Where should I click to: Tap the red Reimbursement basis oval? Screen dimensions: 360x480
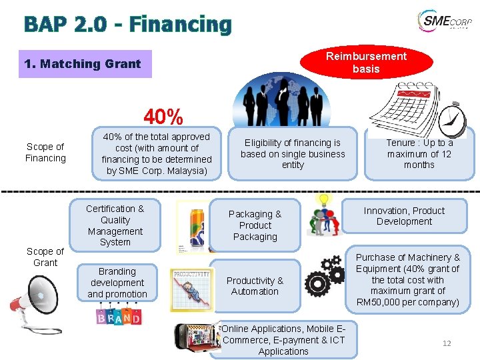click(x=366, y=63)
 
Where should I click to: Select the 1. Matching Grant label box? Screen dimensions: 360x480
click(x=85, y=64)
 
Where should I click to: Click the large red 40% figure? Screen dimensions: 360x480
click(x=163, y=117)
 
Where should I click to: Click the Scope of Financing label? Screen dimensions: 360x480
click(x=45, y=153)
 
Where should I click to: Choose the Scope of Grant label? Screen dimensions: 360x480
click(x=45, y=257)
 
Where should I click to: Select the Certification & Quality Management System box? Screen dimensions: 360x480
click(x=115, y=225)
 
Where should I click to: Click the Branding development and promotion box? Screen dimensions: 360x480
click(x=117, y=283)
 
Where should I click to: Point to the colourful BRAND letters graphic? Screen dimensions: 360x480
click(x=119, y=316)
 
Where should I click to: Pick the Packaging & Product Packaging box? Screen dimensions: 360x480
click(x=255, y=225)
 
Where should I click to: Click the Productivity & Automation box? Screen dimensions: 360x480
click(x=255, y=286)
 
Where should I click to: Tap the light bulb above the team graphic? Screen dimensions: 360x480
click(x=325, y=199)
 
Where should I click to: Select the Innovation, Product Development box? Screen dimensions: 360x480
click(x=404, y=216)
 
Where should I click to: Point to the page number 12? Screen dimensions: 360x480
click(x=447, y=343)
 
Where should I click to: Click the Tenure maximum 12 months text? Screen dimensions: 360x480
click(x=419, y=154)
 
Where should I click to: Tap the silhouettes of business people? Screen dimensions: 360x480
click(x=288, y=99)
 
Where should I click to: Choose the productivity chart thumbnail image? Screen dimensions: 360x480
click(x=191, y=289)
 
